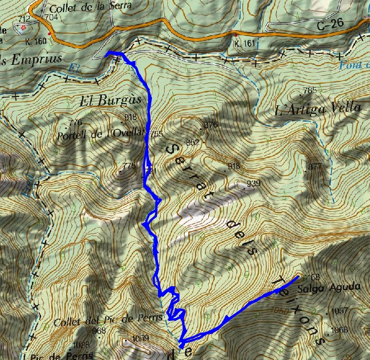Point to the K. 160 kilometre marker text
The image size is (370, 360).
tap(36, 41)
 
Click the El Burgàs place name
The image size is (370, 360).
tap(103, 100)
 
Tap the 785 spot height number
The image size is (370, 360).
tap(310, 90)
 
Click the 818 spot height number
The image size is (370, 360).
tap(130, 117)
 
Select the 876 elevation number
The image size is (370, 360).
tap(210, 125)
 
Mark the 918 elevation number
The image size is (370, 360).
tap(233, 165)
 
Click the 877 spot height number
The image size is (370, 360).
tap(314, 166)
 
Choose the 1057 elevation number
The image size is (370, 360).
tap(340, 311)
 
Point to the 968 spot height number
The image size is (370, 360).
tap(99, 330)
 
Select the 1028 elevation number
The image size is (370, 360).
tap(81, 345)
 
